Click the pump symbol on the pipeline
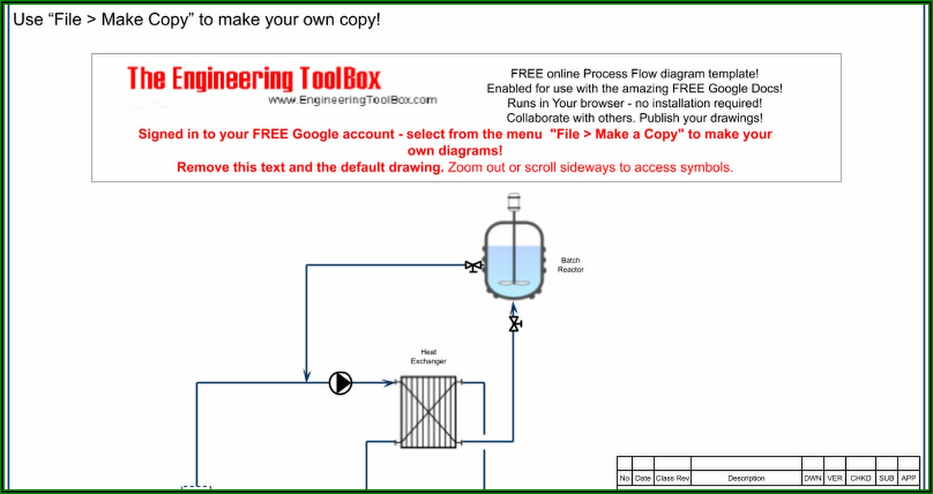point(340,382)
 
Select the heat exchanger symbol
point(429,412)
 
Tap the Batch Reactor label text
point(570,265)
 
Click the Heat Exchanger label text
point(429,357)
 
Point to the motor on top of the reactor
point(513,204)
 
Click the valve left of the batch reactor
point(473,266)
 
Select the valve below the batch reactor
point(513,324)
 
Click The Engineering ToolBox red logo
point(254,78)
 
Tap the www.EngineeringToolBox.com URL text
point(353,100)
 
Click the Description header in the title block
point(746,479)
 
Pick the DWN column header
point(813,479)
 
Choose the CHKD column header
point(861,479)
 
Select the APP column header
point(908,479)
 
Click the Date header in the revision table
point(643,479)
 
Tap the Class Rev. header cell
point(672,479)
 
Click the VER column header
point(835,479)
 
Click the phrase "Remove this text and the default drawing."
point(310,167)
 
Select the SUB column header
point(886,479)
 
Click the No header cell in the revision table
point(624,479)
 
